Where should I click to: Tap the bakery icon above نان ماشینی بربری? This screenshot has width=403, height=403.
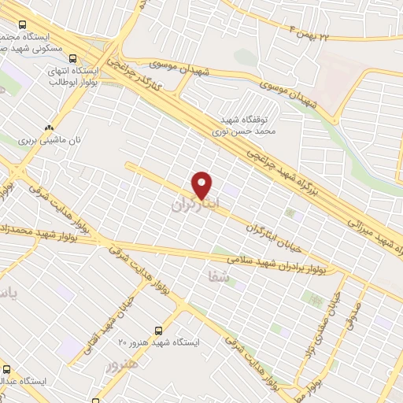pos(50,126)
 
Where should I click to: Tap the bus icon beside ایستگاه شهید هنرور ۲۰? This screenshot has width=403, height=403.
pos(160,331)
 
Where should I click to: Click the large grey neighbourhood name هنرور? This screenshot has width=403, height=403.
pos(122,365)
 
